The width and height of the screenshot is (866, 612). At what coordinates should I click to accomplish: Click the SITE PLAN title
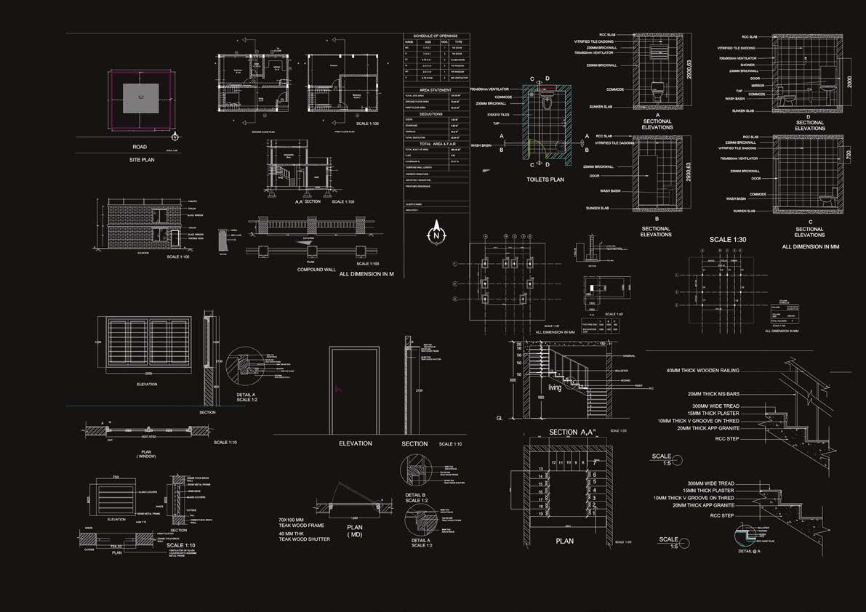(x=139, y=159)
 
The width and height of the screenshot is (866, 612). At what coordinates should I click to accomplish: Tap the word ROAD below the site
(x=139, y=147)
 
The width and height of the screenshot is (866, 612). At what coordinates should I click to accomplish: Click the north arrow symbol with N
(x=436, y=233)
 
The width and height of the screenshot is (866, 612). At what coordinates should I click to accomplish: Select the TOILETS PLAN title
(x=545, y=179)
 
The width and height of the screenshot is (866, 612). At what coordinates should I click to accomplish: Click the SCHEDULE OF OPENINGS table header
(x=436, y=36)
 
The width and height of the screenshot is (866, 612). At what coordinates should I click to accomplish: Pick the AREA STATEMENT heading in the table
(x=436, y=89)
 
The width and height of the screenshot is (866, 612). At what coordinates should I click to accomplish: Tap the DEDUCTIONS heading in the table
(x=436, y=114)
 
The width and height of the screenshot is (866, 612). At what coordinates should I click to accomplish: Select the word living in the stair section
(x=555, y=388)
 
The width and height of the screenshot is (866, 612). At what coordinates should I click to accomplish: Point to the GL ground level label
(x=500, y=419)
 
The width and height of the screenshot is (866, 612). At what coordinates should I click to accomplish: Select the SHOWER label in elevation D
(x=747, y=65)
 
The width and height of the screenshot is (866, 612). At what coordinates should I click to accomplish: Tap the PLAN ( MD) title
(x=355, y=531)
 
